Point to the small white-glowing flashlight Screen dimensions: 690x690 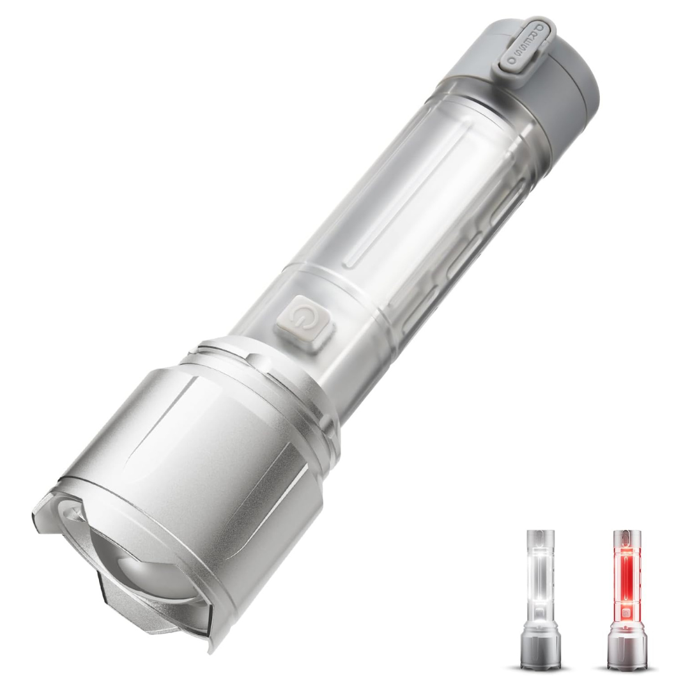tap(540, 597)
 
